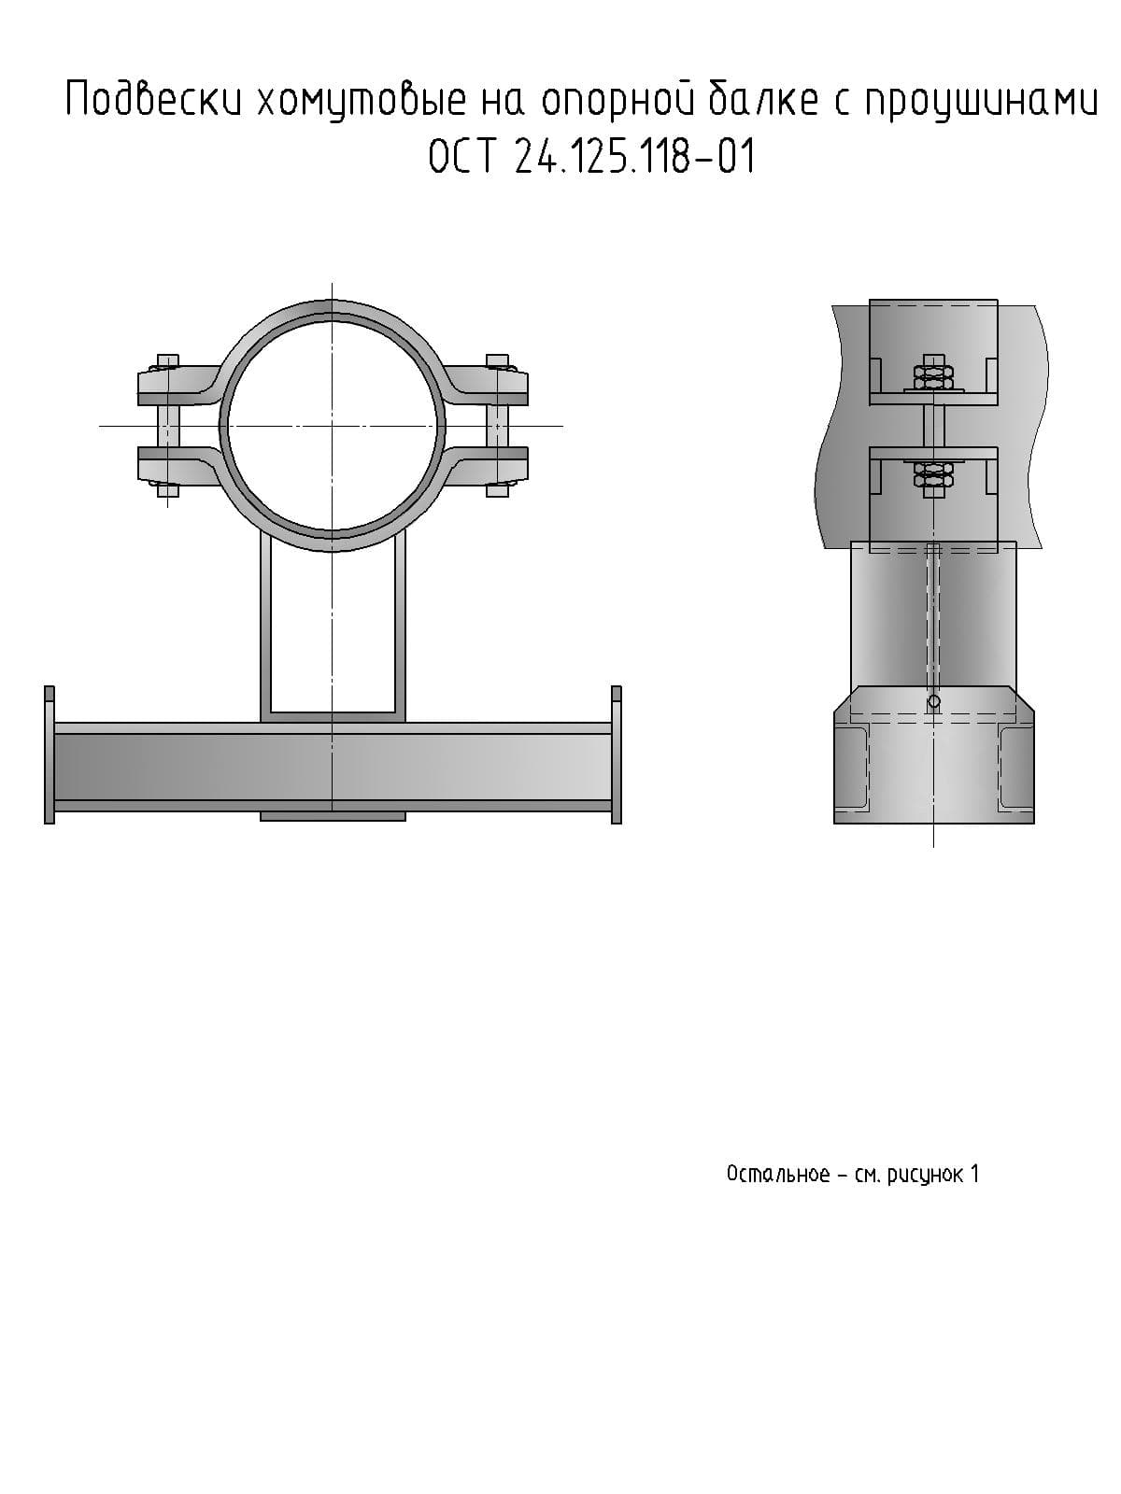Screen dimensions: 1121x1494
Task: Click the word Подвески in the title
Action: coord(154,99)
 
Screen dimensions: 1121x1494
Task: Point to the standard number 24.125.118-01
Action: coord(634,157)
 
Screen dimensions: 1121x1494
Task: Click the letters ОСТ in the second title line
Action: coord(461,157)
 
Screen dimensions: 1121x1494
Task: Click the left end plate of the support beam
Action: coord(49,754)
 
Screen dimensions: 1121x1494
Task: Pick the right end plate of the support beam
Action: coord(616,754)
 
